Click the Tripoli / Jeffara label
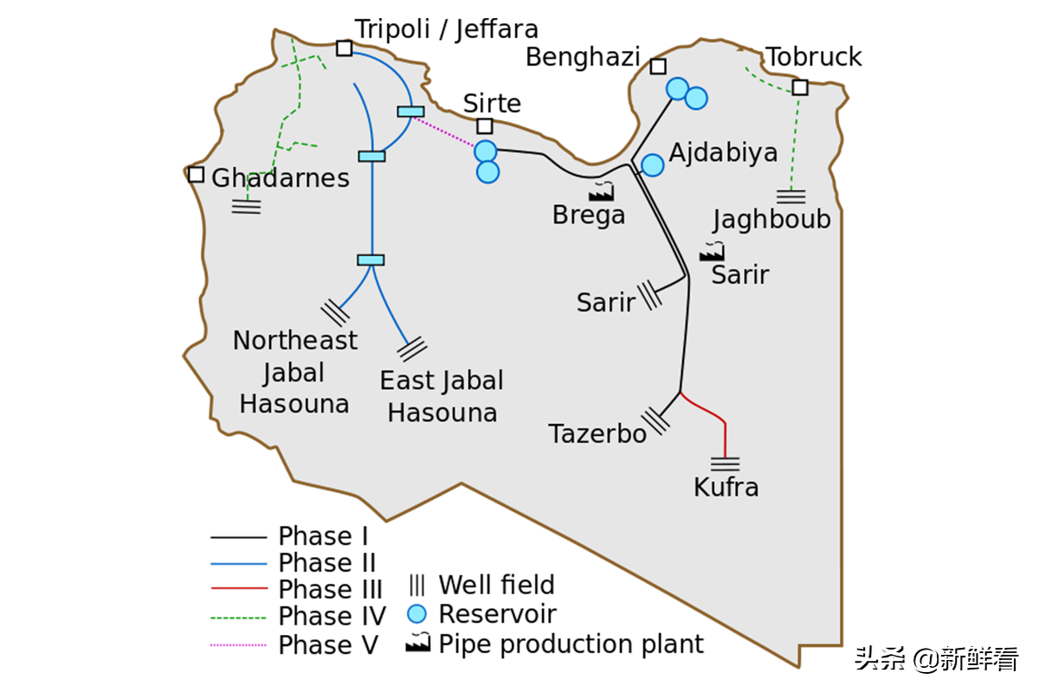[x=447, y=29]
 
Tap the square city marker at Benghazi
[x=658, y=67]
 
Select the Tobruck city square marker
[x=799, y=87]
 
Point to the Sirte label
[x=492, y=103]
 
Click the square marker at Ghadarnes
[x=197, y=175]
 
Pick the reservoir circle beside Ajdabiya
[x=653, y=165]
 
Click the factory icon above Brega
[x=601, y=192]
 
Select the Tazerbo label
[x=597, y=433]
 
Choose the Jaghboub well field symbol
[x=791, y=196]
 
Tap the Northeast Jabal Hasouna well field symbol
[x=334, y=311]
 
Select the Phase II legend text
[x=326, y=563]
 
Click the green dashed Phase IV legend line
[x=238, y=618]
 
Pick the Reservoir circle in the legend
[x=417, y=614]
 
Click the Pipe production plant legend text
[x=571, y=644]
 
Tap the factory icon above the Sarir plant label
[x=712, y=252]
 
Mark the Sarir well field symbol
[x=649, y=296]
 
